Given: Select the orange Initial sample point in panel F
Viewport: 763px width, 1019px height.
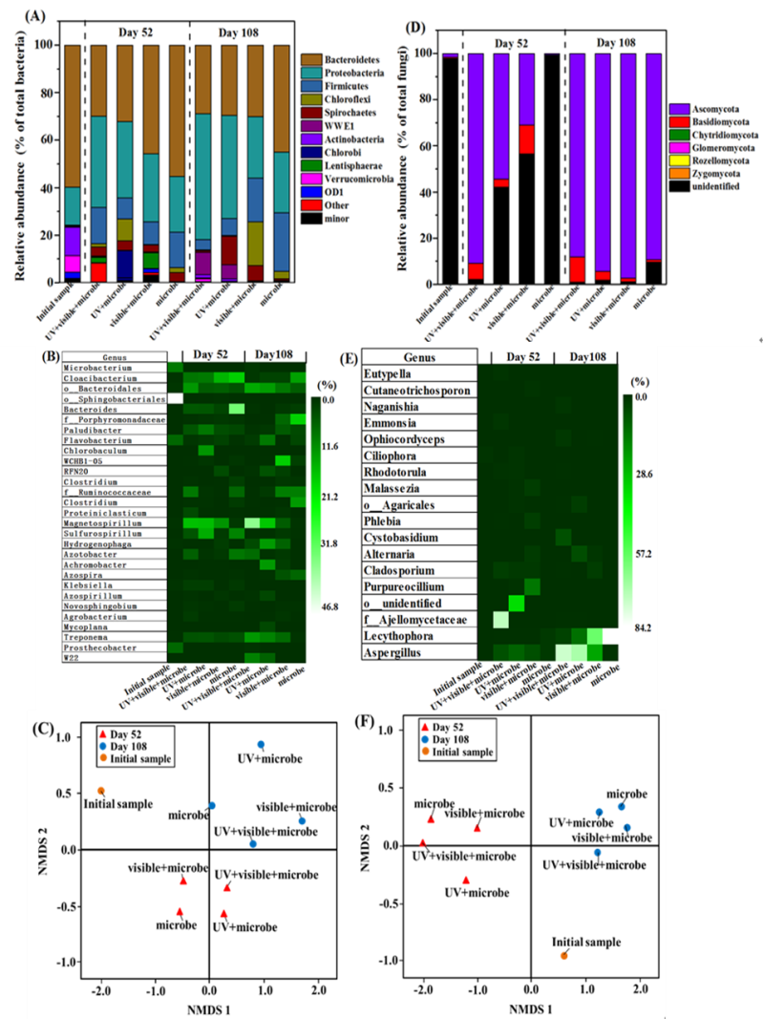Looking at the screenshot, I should click(563, 955).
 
